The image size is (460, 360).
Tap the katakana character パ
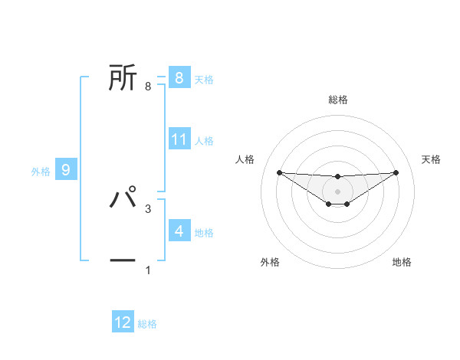point(123,198)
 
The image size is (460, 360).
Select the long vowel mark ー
point(123,260)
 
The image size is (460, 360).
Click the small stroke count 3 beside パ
point(147,208)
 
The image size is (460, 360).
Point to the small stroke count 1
point(147,270)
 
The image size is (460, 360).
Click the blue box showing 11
point(179,139)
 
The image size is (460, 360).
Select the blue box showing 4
point(179,231)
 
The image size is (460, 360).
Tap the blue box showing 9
point(66,170)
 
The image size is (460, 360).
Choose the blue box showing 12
point(123,322)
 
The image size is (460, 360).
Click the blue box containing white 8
point(179,77)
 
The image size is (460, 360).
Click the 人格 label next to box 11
point(204,141)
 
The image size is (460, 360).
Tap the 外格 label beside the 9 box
point(41,172)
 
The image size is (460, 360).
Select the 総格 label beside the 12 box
point(147,324)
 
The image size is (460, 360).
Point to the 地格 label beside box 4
point(204,233)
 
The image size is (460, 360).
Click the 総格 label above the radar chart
point(337,100)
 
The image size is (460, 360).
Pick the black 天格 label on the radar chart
point(431,159)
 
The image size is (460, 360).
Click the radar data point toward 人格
point(279,172)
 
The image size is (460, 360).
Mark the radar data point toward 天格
point(396,172)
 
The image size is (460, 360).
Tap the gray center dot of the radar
point(337,191)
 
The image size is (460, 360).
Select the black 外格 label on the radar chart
point(270,262)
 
